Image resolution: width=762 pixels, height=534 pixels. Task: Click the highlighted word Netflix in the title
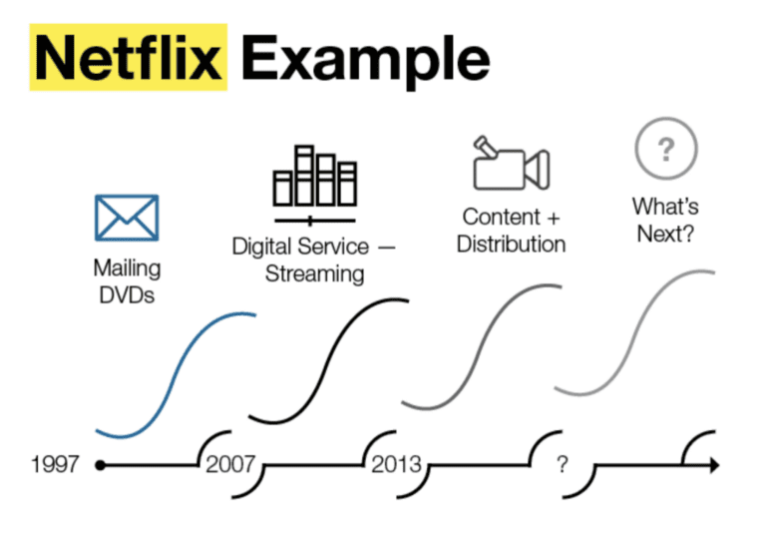129,58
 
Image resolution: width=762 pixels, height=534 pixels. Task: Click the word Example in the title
365,61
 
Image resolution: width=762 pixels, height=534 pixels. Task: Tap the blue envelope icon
127,218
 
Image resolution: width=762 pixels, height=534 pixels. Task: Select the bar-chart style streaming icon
315,185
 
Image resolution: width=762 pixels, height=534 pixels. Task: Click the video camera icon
512,163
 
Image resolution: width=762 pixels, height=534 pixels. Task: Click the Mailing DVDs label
127,281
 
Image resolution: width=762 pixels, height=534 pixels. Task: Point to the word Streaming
314,273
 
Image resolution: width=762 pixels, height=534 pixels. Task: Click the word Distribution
512,244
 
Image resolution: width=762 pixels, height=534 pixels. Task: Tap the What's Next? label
666,220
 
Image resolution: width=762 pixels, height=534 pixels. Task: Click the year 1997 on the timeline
55,464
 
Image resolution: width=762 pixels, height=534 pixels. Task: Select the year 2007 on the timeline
230,464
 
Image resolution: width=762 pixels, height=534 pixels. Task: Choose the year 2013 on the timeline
397,464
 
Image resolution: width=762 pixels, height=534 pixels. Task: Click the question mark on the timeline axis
563,464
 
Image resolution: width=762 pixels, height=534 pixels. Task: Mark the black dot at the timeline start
101,465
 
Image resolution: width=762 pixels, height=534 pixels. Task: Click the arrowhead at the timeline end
714,465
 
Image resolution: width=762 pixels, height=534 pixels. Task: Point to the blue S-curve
176,373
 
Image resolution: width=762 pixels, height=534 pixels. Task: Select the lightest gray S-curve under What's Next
635,331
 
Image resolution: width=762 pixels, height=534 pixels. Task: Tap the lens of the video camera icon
538,169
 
